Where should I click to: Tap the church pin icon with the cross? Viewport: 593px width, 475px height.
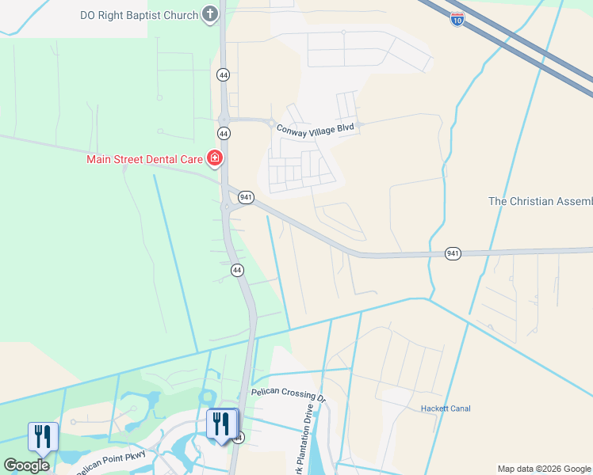point(209,14)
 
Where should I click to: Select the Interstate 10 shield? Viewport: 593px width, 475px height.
point(457,18)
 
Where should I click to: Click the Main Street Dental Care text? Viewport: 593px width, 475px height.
point(144,159)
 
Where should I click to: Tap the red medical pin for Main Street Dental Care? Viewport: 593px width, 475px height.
point(214,158)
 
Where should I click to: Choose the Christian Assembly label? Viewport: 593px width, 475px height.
point(540,201)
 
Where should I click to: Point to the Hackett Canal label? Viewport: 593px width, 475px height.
point(445,408)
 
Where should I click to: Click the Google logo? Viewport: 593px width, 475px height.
point(25,465)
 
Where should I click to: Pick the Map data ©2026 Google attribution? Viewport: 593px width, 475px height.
point(543,469)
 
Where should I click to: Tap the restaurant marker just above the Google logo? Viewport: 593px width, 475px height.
point(43,436)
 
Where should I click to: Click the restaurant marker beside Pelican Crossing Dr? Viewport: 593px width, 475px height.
point(222,423)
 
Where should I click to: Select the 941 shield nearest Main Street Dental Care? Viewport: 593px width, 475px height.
point(246,197)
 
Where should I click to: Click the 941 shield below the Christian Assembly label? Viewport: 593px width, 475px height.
point(453,253)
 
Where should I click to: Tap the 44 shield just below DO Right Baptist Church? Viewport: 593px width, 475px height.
point(224,74)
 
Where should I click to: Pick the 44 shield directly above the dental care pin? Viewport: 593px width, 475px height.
point(224,132)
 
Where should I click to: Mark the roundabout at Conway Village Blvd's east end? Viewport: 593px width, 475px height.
point(360,124)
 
